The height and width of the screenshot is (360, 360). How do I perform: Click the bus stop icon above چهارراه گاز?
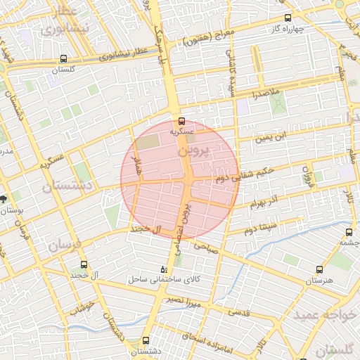[x=287, y=18]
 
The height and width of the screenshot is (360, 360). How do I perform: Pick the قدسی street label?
[x=240, y=311]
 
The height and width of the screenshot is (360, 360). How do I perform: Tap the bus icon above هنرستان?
[x=321, y=269]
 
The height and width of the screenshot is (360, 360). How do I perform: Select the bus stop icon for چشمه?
[x=349, y=231]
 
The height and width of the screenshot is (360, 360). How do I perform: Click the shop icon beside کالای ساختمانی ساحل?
[x=165, y=269]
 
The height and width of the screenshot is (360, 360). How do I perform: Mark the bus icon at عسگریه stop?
[x=182, y=120]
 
